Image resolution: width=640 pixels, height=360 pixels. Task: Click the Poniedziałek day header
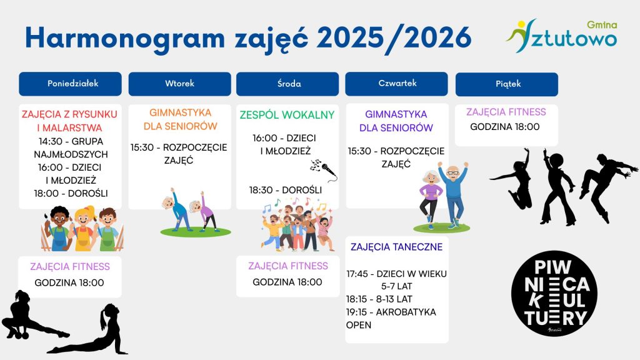click(70, 84)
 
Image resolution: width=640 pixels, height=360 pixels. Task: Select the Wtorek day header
click(179, 84)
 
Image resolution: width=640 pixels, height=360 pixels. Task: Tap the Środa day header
click(287, 84)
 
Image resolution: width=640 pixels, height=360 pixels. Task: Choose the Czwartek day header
click(396, 84)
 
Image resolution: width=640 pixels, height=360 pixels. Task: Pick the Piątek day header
click(506, 84)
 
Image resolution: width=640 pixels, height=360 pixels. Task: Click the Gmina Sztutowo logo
click(562, 36)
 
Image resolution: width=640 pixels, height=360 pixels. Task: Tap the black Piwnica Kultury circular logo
click(554, 294)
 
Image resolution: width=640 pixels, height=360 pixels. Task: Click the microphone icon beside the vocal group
click(324, 169)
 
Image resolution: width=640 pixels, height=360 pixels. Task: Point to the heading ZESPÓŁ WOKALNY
click(287, 115)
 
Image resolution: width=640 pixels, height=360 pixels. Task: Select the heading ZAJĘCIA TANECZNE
click(396, 247)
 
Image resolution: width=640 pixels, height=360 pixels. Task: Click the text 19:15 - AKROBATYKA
click(391, 312)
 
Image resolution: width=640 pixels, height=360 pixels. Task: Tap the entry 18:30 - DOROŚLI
click(286, 190)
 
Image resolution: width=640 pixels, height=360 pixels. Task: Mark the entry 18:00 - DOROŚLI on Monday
click(71, 194)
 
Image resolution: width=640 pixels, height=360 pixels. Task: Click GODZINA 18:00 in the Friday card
click(505, 127)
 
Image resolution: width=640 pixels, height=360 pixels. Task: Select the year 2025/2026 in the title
click(394, 38)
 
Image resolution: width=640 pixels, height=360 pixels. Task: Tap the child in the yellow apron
click(83, 229)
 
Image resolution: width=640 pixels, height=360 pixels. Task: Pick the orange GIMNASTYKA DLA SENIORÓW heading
click(180, 119)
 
